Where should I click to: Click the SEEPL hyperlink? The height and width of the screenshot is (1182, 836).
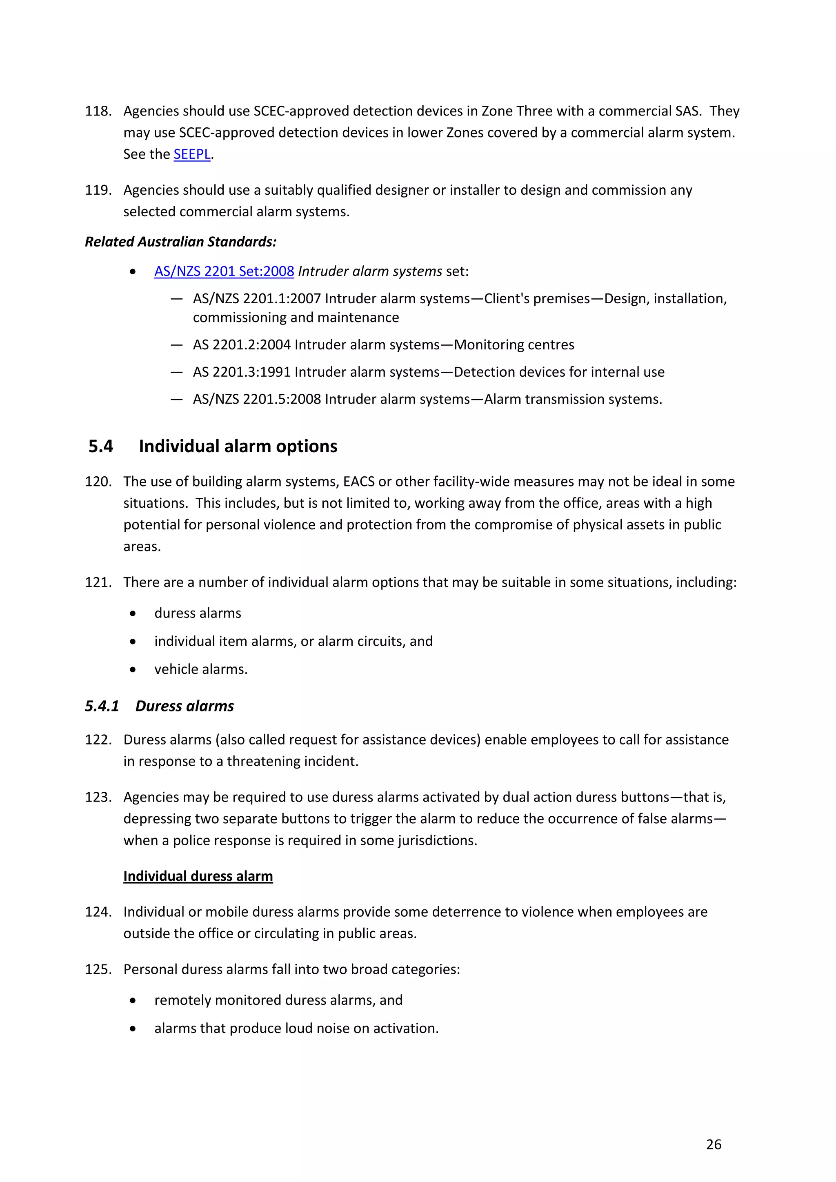[191, 154]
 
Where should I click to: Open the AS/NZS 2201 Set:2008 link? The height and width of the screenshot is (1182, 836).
[224, 271]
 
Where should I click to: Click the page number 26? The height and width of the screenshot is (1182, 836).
[714, 1144]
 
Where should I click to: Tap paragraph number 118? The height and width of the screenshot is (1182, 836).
[98, 111]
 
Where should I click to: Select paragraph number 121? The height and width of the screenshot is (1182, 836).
[98, 582]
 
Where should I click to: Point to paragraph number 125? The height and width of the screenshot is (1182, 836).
[98, 969]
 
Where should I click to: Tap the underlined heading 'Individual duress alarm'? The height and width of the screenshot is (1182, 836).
[198, 876]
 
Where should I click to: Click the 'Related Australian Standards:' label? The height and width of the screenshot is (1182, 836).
[181, 242]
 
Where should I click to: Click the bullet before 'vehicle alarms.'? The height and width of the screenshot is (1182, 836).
[133, 670]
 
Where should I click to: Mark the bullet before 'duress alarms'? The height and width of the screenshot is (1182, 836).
[133, 613]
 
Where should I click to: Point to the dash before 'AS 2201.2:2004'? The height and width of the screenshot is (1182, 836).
[177, 345]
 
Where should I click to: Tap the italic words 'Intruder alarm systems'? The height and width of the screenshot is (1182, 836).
[369, 271]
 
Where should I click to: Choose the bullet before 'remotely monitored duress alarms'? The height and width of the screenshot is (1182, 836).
[133, 1001]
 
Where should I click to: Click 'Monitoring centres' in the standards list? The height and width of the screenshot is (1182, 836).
[514, 345]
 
